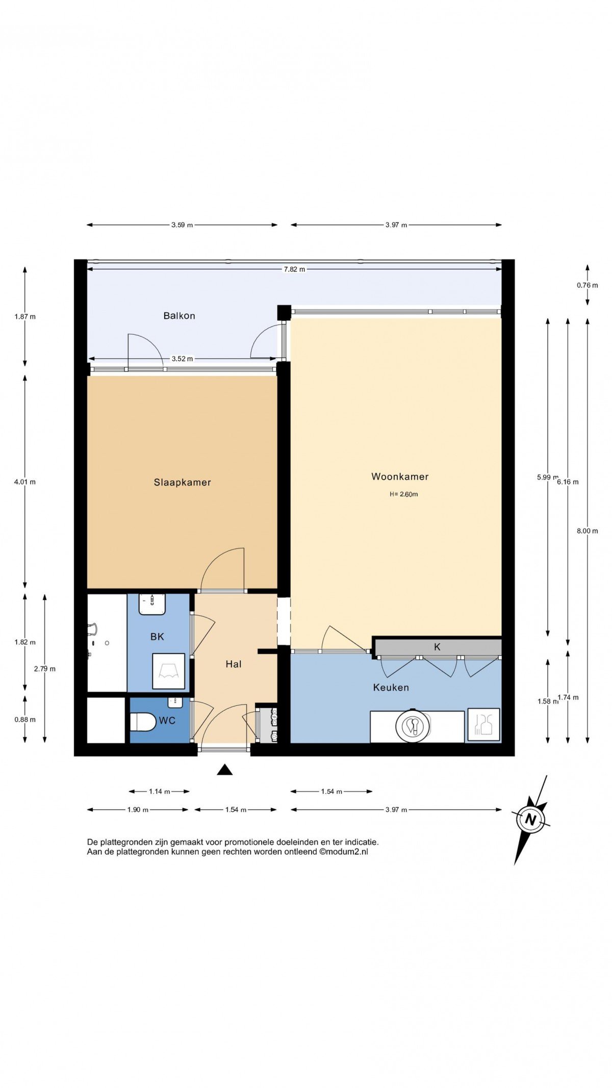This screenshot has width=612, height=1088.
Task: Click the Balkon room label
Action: [179, 316]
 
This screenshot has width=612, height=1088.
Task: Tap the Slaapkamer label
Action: [183, 482]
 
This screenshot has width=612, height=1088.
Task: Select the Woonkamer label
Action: [400, 477]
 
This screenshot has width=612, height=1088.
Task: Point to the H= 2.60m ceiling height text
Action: [404, 494]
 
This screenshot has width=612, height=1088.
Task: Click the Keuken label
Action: [391, 687]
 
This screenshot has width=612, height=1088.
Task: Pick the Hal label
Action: [234, 664]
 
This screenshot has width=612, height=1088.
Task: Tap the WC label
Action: [167, 720]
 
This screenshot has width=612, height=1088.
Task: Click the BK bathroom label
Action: [157, 637]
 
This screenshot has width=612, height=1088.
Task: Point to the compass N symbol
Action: [531, 820]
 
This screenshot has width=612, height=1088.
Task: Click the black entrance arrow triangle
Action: [224, 770]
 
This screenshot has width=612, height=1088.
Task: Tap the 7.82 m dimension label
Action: [295, 269]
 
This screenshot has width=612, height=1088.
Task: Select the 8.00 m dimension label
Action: [588, 531]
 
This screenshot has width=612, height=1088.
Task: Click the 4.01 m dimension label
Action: [25, 482]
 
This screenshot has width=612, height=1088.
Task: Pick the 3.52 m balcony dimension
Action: [182, 359]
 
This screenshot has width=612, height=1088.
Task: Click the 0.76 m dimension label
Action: [588, 285]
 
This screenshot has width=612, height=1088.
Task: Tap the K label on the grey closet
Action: [437, 647]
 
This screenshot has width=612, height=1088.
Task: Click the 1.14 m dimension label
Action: [160, 792]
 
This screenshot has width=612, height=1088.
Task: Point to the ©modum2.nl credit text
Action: [344, 852]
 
